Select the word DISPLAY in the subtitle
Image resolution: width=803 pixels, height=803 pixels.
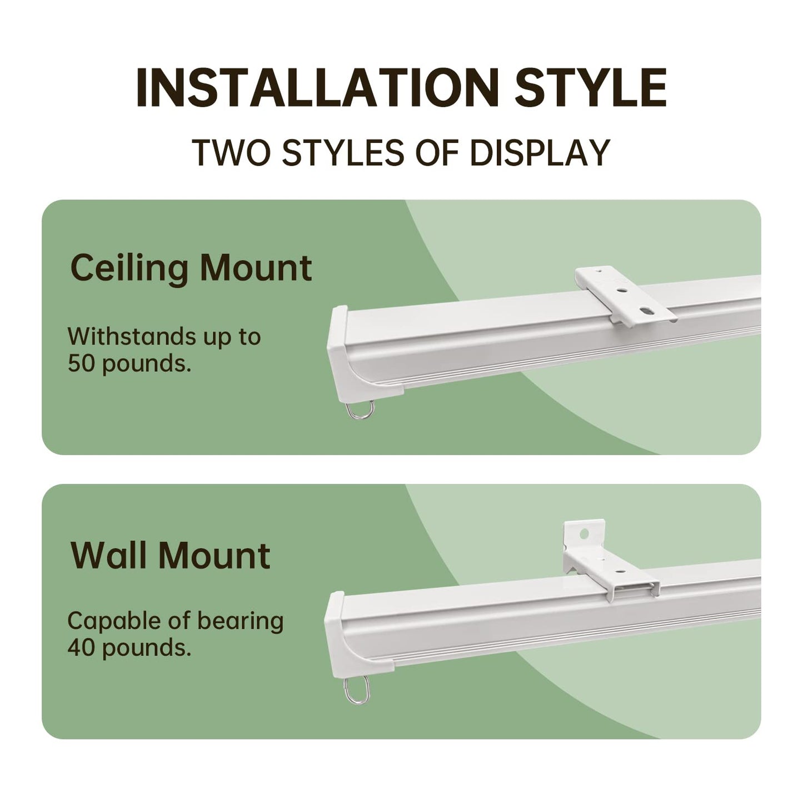click(540, 152)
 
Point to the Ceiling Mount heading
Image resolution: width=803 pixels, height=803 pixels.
click(191, 268)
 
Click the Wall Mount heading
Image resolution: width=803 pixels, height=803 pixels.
click(171, 555)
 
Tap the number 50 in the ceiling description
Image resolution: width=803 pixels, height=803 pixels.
click(82, 363)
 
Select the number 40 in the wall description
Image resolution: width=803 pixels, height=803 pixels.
click(82, 647)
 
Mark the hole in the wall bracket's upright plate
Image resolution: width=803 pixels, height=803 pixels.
click(583, 534)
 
